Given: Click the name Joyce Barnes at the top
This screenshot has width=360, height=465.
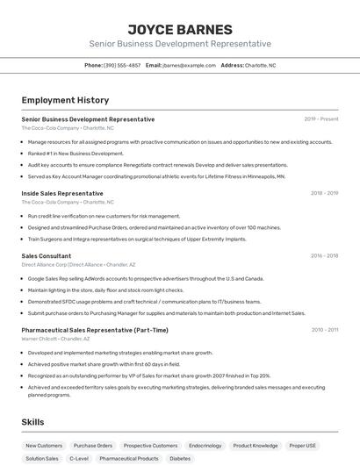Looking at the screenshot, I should click(x=180, y=29).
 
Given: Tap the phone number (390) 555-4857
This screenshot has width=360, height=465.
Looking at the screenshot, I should click(x=122, y=65).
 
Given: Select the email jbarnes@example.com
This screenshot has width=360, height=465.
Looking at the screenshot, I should click(x=189, y=65).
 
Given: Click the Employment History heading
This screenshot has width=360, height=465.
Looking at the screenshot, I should click(x=65, y=100).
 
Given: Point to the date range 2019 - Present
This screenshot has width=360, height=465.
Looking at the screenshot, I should click(x=320, y=119).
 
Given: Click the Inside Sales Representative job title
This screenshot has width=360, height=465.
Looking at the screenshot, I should click(x=62, y=193).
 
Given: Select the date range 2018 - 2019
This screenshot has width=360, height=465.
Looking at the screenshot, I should click(x=324, y=193).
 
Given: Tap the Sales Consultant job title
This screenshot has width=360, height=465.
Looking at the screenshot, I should click(x=47, y=255).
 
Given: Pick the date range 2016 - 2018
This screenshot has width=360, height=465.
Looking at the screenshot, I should click(x=324, y=255).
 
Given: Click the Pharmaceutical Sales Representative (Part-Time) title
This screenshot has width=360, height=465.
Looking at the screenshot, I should click(x=95, y=330).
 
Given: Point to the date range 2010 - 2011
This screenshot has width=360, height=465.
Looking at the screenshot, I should click(x=324, y=330).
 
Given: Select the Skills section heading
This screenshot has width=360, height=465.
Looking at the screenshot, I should click(x=32, y=422).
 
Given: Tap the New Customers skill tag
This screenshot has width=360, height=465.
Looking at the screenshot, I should click(x=44, y=445).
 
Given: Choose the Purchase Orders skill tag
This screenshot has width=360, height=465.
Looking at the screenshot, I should click(x=93, y=445).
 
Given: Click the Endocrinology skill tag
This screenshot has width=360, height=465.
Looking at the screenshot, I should click(x=205, y=445).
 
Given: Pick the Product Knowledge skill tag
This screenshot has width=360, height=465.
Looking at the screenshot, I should click(x=256, y=445).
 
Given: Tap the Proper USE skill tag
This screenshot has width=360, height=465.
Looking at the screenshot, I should click(x=303, y=445).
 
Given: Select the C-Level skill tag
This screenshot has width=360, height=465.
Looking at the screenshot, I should click(x=79, y=458).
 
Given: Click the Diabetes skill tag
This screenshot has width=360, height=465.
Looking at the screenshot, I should click(x=180, y=458).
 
